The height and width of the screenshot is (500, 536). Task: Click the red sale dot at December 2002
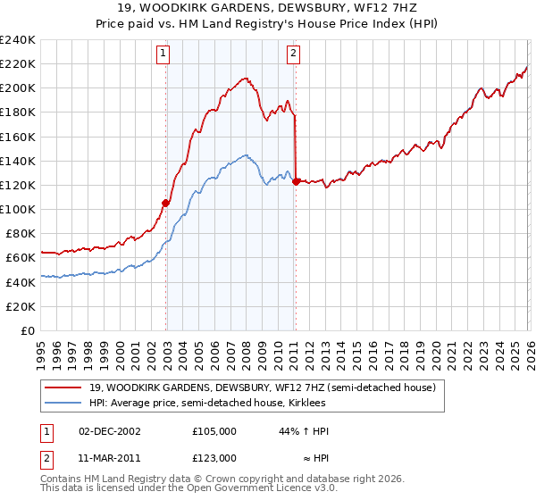coord(166,203)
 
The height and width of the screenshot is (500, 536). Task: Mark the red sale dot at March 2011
coord(296,181)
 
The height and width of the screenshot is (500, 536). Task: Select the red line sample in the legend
coord(63,387)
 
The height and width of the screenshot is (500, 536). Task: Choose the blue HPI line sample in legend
coord(63,403)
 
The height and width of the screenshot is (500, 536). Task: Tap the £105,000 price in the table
coord(214,430)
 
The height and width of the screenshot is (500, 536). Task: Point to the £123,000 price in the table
coord(214,457)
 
